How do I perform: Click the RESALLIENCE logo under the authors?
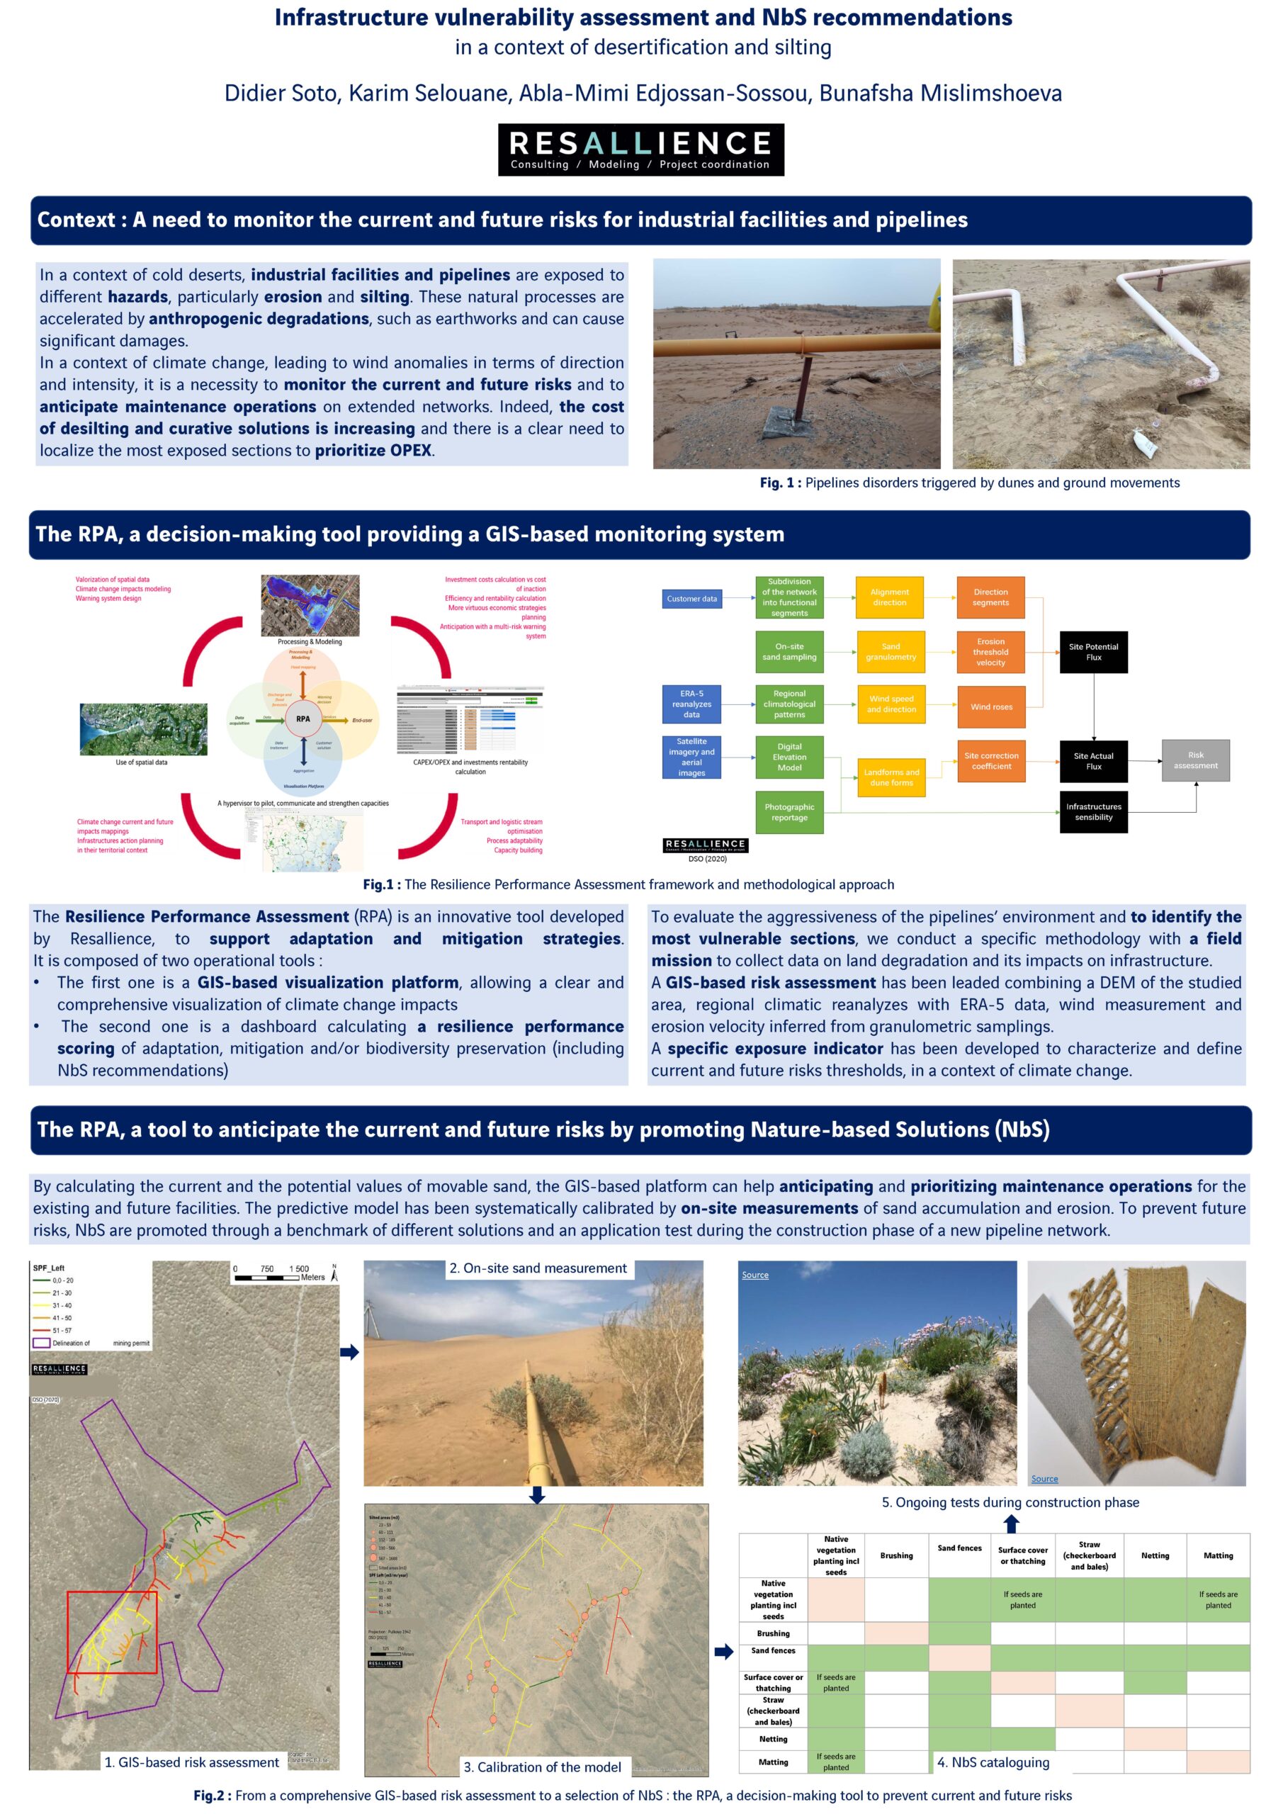coord(640,150)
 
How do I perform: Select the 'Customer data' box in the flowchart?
coord(691,599)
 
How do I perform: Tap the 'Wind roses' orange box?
coord(990,706)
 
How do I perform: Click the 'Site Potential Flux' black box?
coord(1093,652)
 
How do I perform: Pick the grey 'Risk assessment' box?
coord(1195,760)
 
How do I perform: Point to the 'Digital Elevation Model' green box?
coord(789,757)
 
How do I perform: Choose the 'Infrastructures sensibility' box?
coord(1093,812)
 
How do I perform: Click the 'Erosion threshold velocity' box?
coord(990,652)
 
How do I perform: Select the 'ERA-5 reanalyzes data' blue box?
coord(691,704)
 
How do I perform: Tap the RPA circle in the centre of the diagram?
coord(303,719)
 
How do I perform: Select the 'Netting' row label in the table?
coord(773,1739)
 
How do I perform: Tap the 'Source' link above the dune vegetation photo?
coord(755,1275)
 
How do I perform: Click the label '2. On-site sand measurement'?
coord(537,1268)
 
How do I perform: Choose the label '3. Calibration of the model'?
coord(542,1767)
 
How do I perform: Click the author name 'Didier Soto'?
coord(281,94)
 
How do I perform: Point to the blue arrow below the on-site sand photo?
coord(536,1495)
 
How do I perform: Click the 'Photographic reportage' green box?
coord(789,812)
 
